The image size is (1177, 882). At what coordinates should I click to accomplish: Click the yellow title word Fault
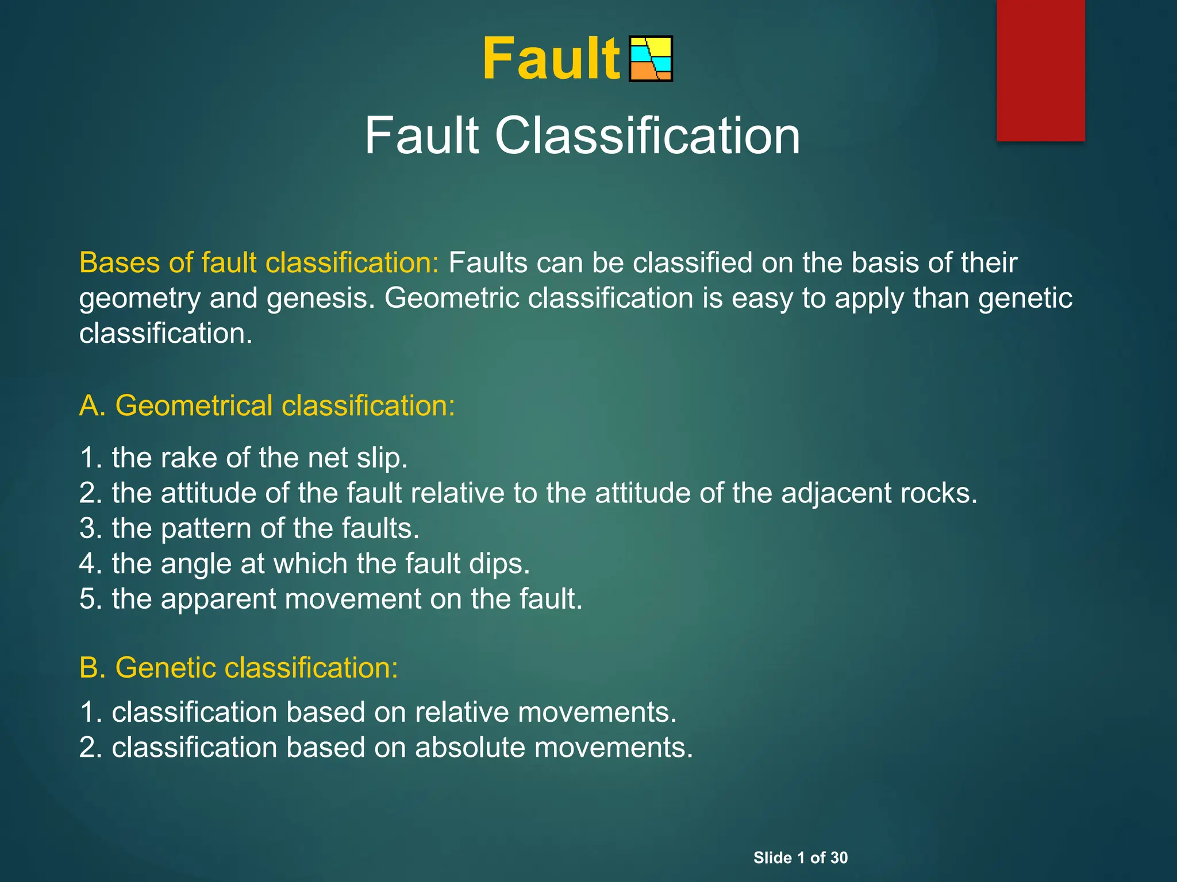(x=551, y=59)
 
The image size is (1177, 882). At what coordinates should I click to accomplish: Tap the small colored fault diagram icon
(x=651, y=59)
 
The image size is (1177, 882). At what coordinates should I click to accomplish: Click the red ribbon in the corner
(x=1040, y=70)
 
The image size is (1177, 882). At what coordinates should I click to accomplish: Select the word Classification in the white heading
(x=647, y=136)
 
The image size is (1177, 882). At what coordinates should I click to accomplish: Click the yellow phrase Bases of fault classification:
(x=259, y=263)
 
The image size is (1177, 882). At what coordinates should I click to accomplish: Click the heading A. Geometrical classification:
(x=267, y=405)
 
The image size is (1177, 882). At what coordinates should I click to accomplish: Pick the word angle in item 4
(x=195, y=564)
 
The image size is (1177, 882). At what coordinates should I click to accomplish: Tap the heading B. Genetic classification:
(x=239, y=668)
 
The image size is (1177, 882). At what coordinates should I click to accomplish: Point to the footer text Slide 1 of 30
(x=800, y=858)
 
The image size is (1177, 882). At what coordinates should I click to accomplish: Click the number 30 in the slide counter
(x=838, y=858)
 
